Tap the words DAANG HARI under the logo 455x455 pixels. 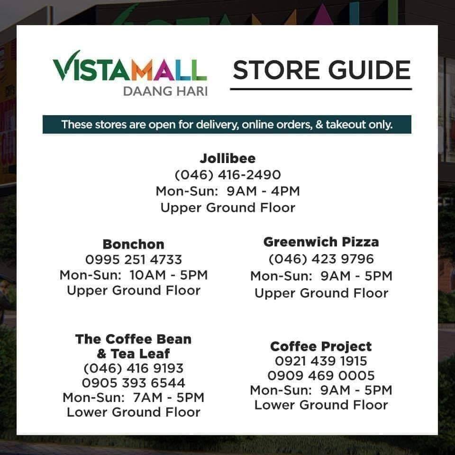click(x=165, y=91)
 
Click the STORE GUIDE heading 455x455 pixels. click(x=321, y=70)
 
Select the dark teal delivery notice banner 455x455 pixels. click(x=227, y=125)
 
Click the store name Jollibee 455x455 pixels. click(x=228, y=158)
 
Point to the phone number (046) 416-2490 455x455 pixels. click(x=228, y=175)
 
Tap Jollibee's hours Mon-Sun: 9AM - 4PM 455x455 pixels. click(x=228, y=191)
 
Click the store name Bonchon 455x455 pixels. click(x=134, y=245)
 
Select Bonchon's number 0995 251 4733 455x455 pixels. click(x=134, y=260)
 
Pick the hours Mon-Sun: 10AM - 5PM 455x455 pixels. click(x=134, y=275)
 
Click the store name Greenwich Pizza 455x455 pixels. click(x=321, y=242)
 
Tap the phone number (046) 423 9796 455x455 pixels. click(x=321, y=259)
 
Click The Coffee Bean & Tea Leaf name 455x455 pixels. click(x=134, y=346)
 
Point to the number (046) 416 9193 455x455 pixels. click(x=134, y=368)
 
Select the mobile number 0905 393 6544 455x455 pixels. click(x=134, y=383)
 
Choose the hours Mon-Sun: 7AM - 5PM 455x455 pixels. click(x=134, y=398)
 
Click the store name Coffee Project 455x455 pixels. click(x=321, y=346)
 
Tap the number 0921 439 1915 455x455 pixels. click(x=321, y=361)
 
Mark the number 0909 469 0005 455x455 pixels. click(x=321, y=376)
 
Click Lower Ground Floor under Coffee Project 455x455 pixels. click(x=321, y=405)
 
